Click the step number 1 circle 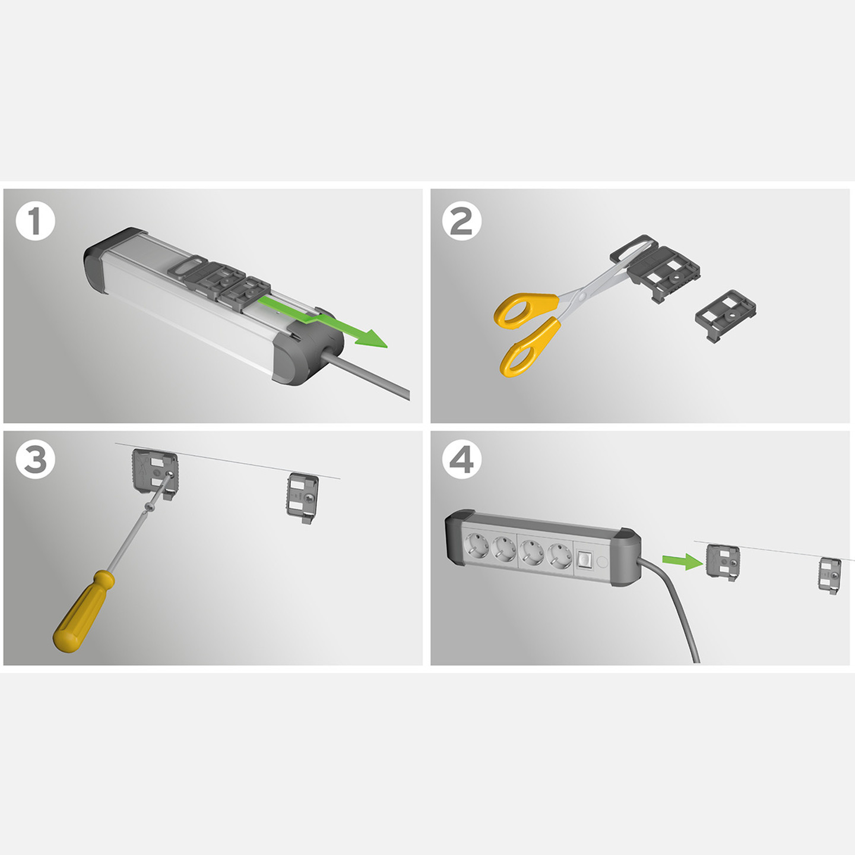click(36, 220)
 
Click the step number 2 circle click(462, 220)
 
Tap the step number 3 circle click(36, 459)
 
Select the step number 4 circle click(462, 459)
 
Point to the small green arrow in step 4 click(683, 561)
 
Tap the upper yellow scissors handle click(526, 311)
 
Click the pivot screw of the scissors click(582, 294)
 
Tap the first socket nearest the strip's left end click(476, 547)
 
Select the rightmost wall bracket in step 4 click(829, 575)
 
